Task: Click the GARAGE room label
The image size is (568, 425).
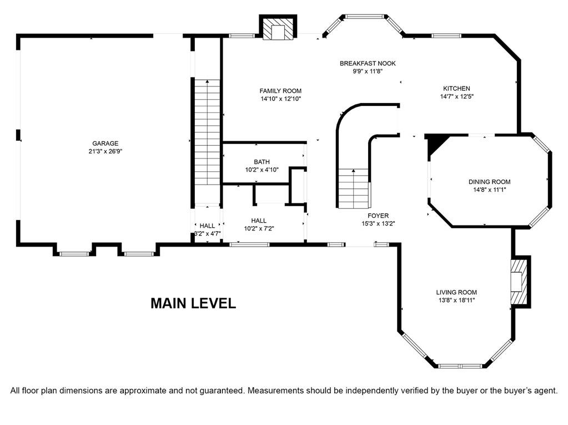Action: tap(105, 144)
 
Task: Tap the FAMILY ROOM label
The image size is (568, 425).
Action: tap(280, 91)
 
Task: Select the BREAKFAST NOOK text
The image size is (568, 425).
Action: tap(368, 64)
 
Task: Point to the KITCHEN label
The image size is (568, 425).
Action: tap(456, 89)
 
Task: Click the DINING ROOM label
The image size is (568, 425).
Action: tap(489, 182)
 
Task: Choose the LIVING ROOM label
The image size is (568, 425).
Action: tap(456, 293)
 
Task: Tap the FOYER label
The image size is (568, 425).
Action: tap(378, 216)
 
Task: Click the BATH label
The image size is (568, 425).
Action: tap(262, 162)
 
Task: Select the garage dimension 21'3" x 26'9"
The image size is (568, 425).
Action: tap(105, 151)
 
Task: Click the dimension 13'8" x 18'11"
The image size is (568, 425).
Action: tap(456, 300)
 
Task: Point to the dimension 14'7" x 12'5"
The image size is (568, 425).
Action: tap(457, 96)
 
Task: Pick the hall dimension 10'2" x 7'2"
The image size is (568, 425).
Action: tap(259, 228)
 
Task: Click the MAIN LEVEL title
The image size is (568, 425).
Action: tap(193, 303)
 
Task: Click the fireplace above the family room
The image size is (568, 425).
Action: tap(278, 29)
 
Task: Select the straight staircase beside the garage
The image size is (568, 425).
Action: tap(207, 132)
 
